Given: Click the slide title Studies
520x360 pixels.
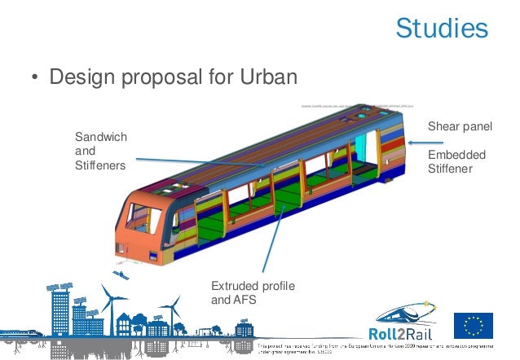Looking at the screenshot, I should (x=441, y=29).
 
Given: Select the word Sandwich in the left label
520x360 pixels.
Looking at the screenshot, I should (x=101, y=137).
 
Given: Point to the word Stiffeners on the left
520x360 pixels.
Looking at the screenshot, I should (x=100, y=166).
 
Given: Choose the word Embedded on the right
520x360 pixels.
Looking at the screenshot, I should (x=456, y=155).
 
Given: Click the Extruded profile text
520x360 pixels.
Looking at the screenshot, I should (x=253, y=286).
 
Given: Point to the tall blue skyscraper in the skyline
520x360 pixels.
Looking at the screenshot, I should (x=59, y=314).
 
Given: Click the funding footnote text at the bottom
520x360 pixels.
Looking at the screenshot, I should (x=383, y=349).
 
